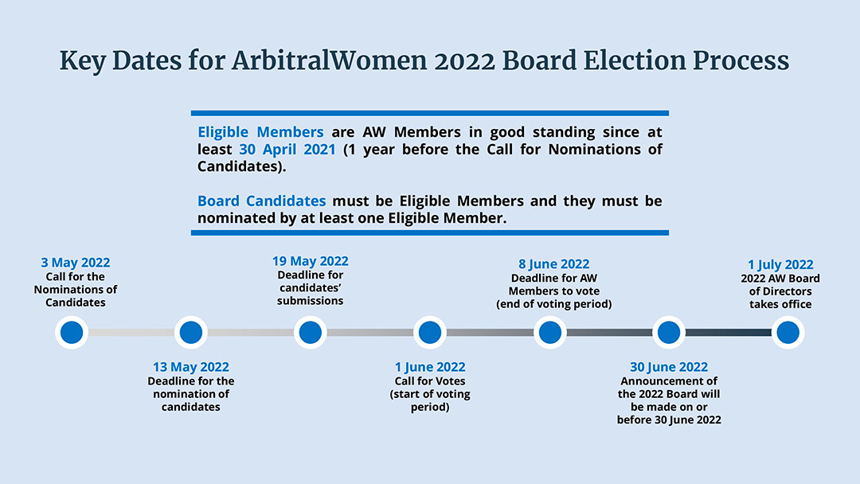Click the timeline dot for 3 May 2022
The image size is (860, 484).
(72, 332)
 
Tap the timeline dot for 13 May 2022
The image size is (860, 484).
(191, 332)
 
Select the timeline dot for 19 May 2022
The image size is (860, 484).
(311, 332)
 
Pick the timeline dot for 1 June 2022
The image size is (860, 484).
(430, 332)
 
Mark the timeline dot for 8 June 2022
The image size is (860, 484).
(549, 332)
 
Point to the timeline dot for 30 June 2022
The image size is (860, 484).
(669, 332)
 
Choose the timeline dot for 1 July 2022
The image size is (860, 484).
(788, 332)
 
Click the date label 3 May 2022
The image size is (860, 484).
(76, 263)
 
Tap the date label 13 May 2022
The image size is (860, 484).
(191, 367)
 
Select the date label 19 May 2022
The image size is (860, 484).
(311, 261)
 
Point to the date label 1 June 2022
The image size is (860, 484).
(430, 367)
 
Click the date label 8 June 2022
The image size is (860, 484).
(553, 264)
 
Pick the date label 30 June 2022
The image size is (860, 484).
(669, 367)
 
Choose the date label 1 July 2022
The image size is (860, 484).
(780, 265)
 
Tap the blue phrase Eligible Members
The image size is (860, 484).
(260, 132)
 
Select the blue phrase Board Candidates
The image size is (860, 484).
(262, 201)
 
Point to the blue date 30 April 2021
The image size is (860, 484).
(287, 150)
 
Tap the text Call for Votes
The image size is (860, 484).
(430, 381)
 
